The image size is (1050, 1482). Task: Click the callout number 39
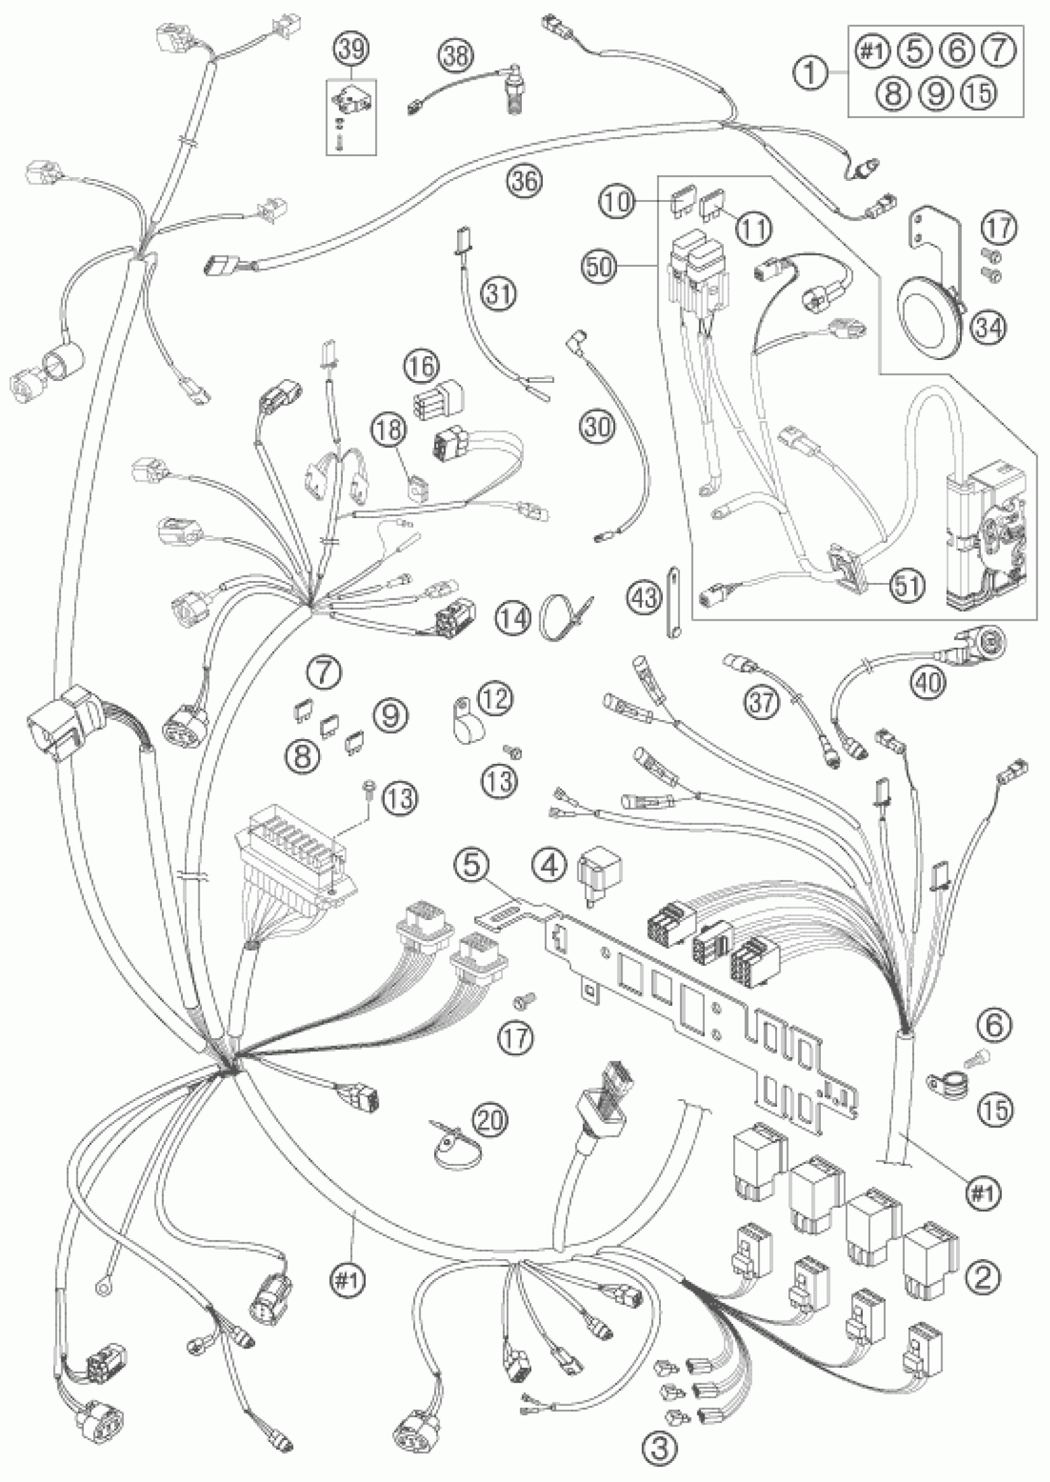(350, 48)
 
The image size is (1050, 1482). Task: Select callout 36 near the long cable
(524, 181)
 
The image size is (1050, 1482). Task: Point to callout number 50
(599, 266)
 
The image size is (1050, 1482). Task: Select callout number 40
(930, 680)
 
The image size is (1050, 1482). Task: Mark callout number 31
(498, 295)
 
